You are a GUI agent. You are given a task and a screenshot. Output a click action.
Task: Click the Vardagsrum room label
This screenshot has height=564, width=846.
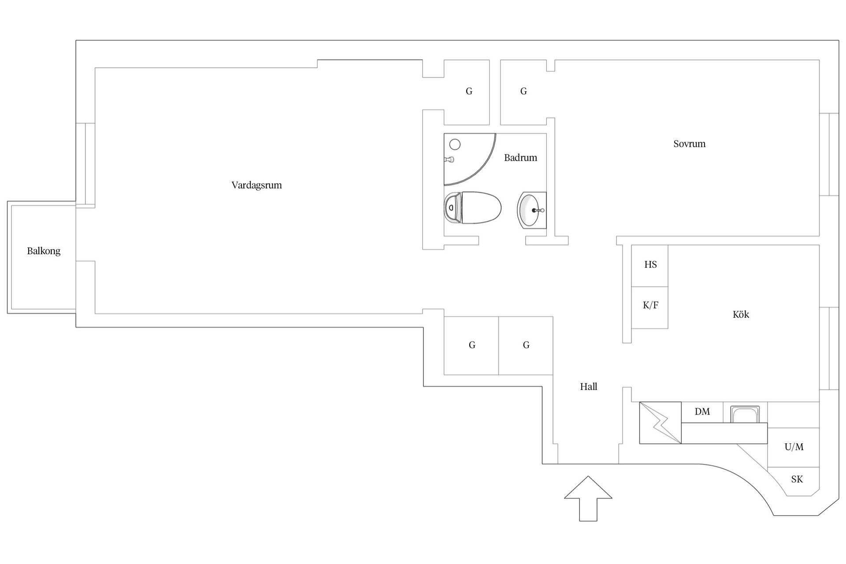click(x=256, y=185)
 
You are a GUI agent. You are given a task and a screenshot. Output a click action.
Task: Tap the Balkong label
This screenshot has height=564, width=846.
click(x=44, y=251)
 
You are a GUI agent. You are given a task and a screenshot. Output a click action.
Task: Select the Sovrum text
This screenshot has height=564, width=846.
click(x=689, y=144)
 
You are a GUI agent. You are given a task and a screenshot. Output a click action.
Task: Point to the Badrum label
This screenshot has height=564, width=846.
click(x=520, y=158)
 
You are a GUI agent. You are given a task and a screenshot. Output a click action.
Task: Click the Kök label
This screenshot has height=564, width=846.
click(x=741, y=315)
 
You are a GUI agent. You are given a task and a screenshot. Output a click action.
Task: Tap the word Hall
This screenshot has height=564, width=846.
click(x=588, y=387)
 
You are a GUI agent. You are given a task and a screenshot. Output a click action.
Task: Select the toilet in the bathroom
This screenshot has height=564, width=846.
click(x=472, y=208)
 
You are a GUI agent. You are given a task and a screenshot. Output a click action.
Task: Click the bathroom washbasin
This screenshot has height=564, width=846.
click(x=532, y=210)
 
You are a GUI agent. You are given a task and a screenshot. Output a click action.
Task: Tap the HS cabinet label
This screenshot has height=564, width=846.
click(x=650, y=264)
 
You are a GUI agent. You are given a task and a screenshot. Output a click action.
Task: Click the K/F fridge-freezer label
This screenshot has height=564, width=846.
click(x=650, y=305)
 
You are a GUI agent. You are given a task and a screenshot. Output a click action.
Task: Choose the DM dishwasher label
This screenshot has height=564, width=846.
click(x=702, y=412)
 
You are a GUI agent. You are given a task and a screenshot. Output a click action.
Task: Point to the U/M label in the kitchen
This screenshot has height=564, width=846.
click(x=794, y=447)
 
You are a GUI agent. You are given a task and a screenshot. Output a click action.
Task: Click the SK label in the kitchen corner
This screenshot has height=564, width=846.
click(x=797, y=479)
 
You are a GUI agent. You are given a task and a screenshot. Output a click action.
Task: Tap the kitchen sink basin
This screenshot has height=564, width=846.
click(x=745, y=414)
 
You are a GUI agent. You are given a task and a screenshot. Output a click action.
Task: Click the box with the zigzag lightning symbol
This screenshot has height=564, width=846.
click(x=660, y=423)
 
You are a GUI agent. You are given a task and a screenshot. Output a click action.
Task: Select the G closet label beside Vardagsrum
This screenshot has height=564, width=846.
click(x=469, y=91)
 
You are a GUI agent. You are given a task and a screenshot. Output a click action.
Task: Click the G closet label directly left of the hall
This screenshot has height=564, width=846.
click(x=526, y=345)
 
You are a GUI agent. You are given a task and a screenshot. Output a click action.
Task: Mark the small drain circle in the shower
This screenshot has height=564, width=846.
click(x=455, y=144)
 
